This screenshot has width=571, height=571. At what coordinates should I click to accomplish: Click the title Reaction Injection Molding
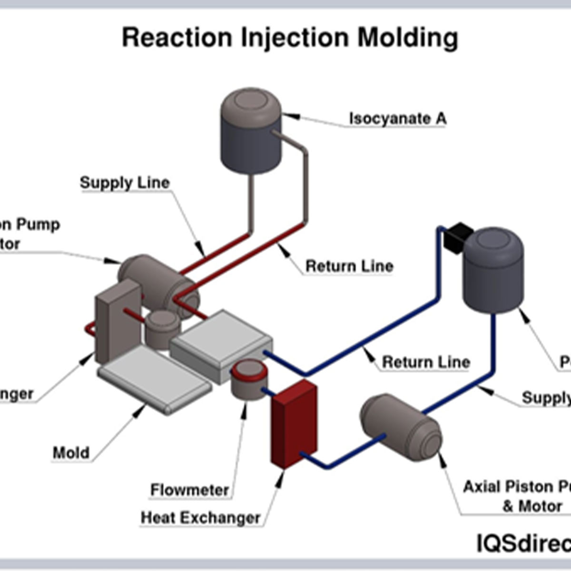coord(290,38)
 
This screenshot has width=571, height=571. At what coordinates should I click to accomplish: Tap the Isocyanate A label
coord(397,118)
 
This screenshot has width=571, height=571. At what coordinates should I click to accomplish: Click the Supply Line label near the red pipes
coord(125,183)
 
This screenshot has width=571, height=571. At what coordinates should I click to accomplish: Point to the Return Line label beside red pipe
coord(349,266)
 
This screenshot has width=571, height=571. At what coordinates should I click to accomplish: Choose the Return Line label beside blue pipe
coord(426,362)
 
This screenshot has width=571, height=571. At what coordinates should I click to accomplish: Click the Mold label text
coord(71,453)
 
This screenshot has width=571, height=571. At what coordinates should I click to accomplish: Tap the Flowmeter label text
coord(189,490)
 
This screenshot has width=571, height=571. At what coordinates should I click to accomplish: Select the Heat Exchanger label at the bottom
coord(200,518)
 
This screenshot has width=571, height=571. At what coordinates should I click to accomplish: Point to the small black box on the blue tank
coord(456,237)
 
